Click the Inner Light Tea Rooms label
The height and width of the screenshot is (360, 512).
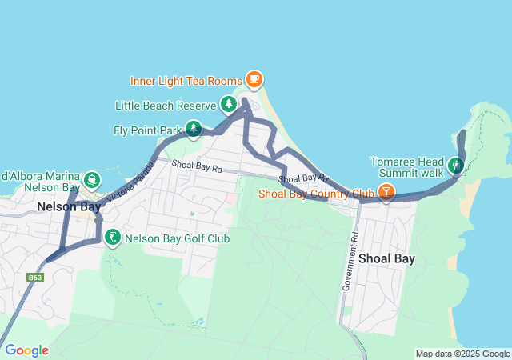pyautogui.click(x=186, y=80)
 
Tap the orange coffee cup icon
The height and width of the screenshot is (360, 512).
pyautogui.click(x=254, y=78)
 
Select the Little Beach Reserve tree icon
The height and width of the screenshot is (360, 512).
pyautogui.click(x=229, y=104)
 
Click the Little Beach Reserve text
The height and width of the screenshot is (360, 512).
pyautogui.click(x=166, y=106)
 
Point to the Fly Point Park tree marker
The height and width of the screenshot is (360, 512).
pyautogui.click(x=193, y=128)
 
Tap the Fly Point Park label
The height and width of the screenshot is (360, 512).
pyautogui.click(x=147, y=130)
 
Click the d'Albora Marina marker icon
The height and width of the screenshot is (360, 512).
pyautogui.click(x=91, y=177)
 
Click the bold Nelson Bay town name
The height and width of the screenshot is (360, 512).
pyautogui.click(x=67, y=206)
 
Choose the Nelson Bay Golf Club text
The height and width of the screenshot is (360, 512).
pyautogui.click(x=178, y=238)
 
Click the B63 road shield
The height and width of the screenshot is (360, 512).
pyautogui.click(x=34, y=278)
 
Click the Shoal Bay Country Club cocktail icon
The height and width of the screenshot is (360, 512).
pyautogui.click(x=386, y=192)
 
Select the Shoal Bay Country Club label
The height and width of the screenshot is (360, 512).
pyautogui.click(x=316, y=194)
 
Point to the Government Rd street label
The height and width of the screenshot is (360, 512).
pyautogui.click(x=350, y=262)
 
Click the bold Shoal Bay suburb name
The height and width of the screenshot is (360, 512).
pyautogui.click(x=388, y=258)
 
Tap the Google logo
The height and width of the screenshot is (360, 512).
pyautogui.click(x=26, y=350)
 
